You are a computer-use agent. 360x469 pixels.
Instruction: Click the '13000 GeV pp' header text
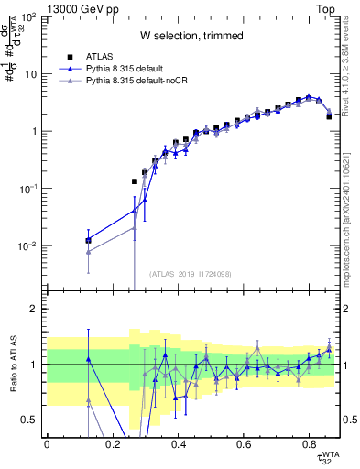pyautogui.click(x=77, y=6)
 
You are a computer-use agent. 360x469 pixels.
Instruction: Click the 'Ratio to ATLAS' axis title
pyautogui.click(x=13, y=365)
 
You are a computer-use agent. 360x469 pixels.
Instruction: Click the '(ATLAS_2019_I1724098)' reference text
pyautogui.click(x=191, y=273)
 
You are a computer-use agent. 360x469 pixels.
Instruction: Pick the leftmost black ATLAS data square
pyautogui.click(x=88, y=241)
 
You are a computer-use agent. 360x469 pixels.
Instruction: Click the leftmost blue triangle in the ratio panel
pyautogui.click(x=88, y=359)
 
